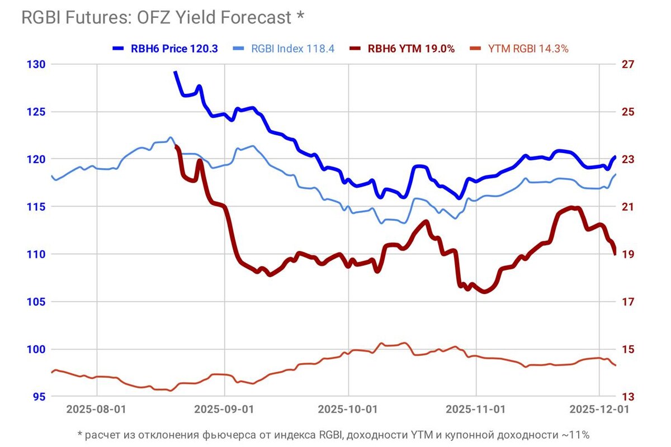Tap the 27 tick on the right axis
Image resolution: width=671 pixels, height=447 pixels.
(629, 64)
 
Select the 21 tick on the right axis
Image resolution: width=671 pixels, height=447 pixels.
(629, 207)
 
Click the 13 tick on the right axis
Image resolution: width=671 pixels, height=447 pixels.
(629, 397)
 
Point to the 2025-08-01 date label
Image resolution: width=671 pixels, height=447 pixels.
(97, 409)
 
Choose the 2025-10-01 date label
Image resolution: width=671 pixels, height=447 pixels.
(348, 409)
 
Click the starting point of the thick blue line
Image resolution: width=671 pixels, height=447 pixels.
(175, 72)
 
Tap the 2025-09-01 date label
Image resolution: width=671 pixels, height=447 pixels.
(224, 409)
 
